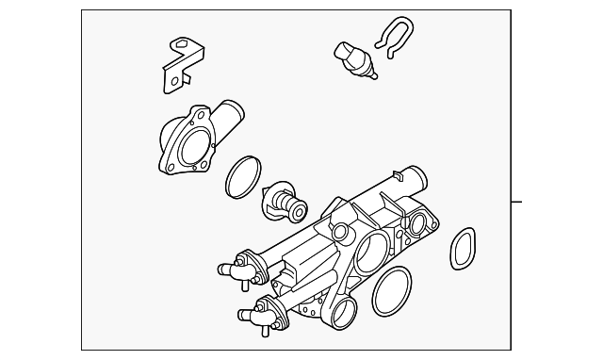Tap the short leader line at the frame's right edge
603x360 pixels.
click(516, 202)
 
